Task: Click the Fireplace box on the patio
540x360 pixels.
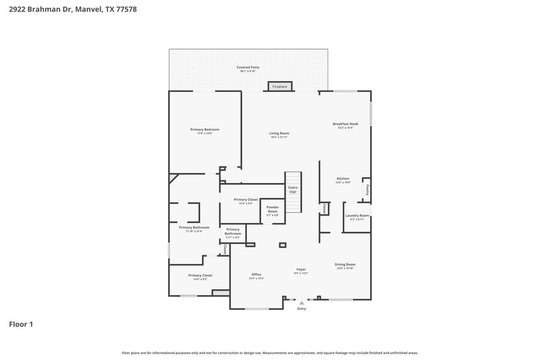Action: (x=279, y=86)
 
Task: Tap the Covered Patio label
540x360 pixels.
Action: (x=248, y=68)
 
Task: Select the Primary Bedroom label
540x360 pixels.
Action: (x=205, y=130)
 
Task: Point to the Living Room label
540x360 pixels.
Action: (x=279, y=134)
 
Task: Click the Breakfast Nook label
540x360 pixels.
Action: (x=345, y=125)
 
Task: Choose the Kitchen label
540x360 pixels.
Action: (x=343, y=180)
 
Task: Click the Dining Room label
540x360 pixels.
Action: (x=345, y=265)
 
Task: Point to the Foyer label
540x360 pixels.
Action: (x=301, y=270)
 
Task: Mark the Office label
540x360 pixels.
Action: (x=256, y=275)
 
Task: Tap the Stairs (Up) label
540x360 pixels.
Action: (x=293, y=190)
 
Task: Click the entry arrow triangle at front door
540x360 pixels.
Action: (x=301, y=303)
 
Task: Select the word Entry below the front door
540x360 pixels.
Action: (x=301, y=309)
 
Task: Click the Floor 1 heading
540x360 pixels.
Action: (x=20, y=324)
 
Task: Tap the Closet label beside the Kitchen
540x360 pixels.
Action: (x=325, y=209)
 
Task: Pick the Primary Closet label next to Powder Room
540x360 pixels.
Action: (x=246, y=201)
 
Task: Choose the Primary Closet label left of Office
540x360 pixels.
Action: (x=200, y=276)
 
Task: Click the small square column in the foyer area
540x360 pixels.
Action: (x=282, y=245)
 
